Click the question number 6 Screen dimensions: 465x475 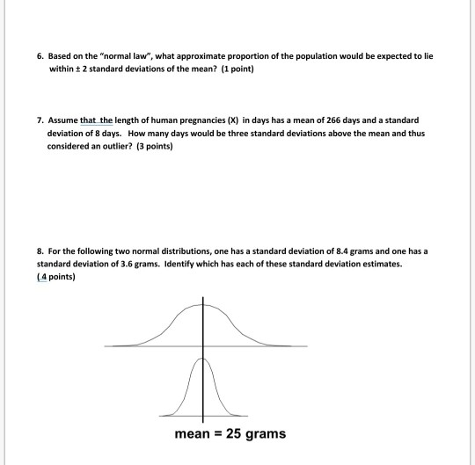[40, 55]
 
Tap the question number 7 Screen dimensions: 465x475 [40, 118]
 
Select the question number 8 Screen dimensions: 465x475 [40, 251]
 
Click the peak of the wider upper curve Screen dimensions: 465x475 [204, 302]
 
